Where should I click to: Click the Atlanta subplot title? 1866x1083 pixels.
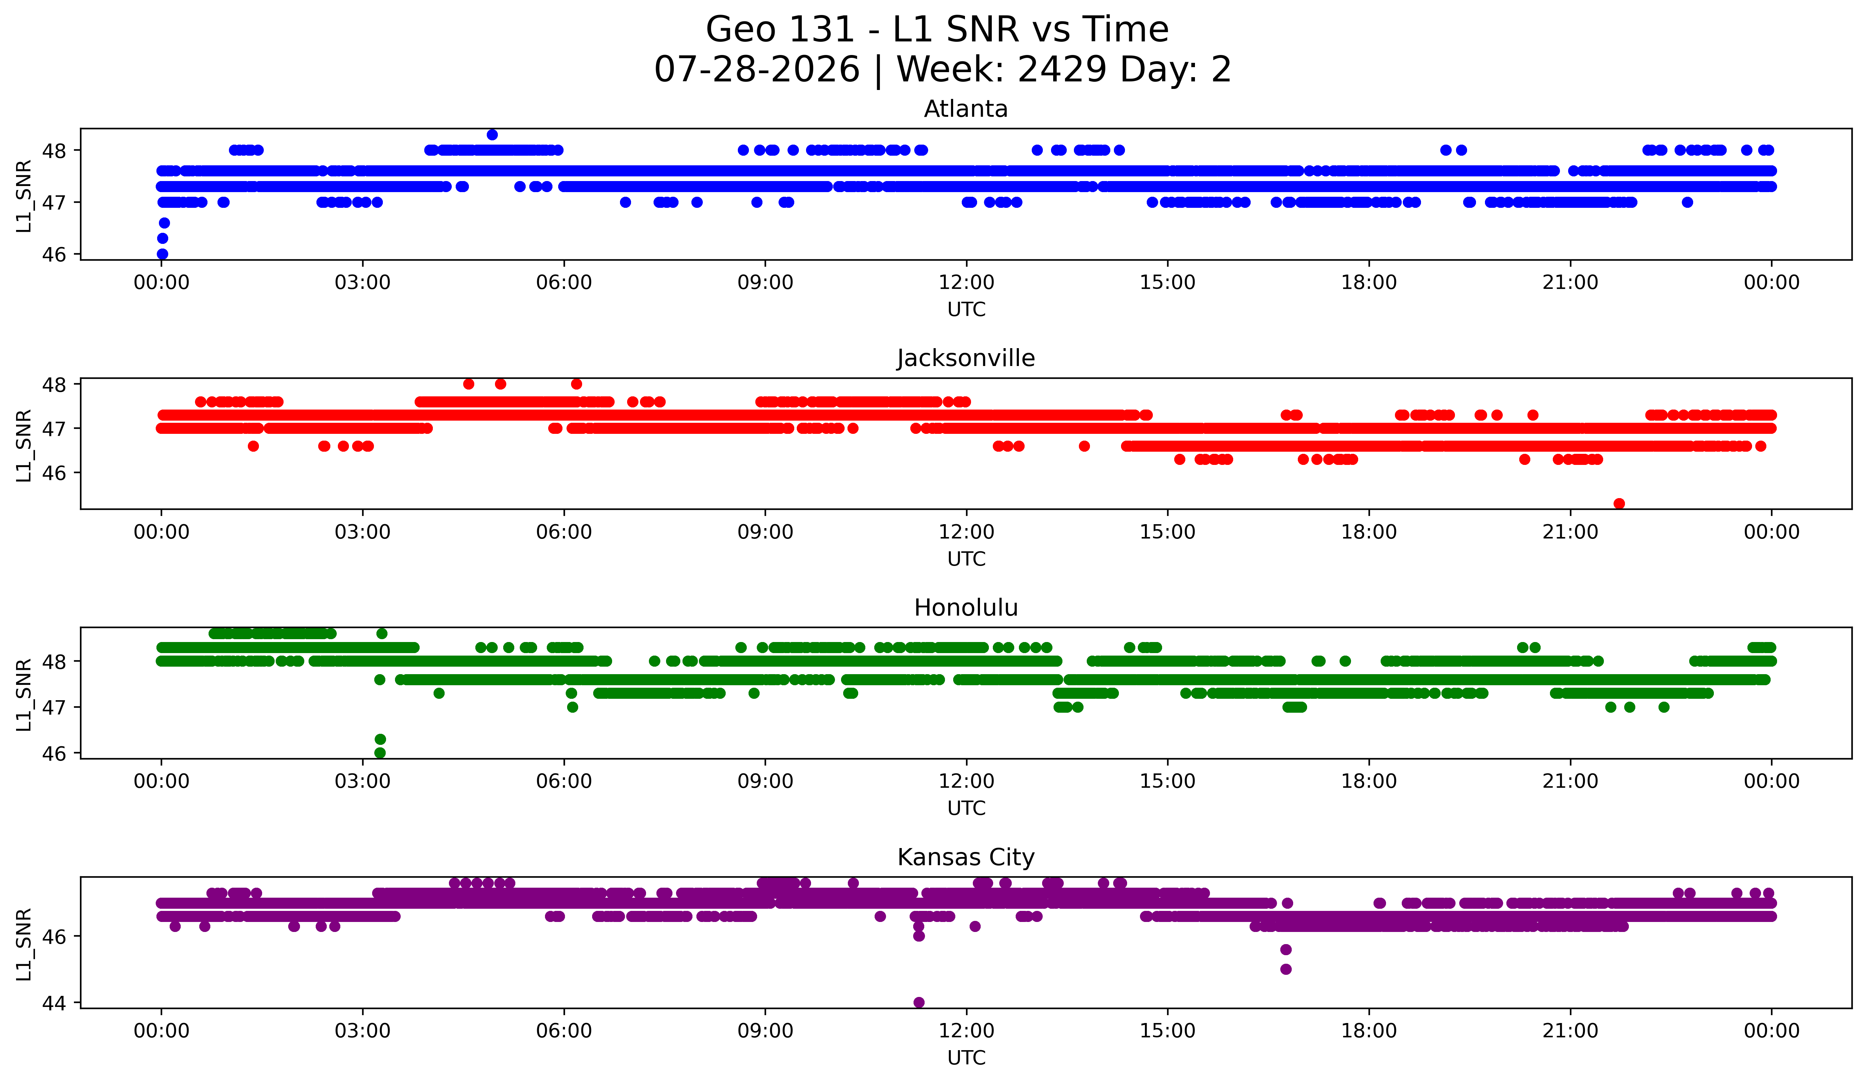pyautogui.click(x=966, y=109)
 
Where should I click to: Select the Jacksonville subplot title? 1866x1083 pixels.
pyautogui.click(x=966, y=358)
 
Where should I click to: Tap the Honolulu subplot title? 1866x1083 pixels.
pyautogui.click(x=966, y=608)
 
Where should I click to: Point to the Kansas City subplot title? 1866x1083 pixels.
pyautogui.click(x=966, y=857)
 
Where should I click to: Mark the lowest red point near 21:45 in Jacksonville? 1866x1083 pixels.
pyautogui.click(x=1620, y=503)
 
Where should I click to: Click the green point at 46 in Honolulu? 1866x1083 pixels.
pyautogui.click(x=380, y=753)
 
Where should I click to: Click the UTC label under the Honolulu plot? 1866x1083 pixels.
pyautogui.click(x=966, y=808)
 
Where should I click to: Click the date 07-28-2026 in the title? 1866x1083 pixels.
pyautogui.click(x=757, y=70)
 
